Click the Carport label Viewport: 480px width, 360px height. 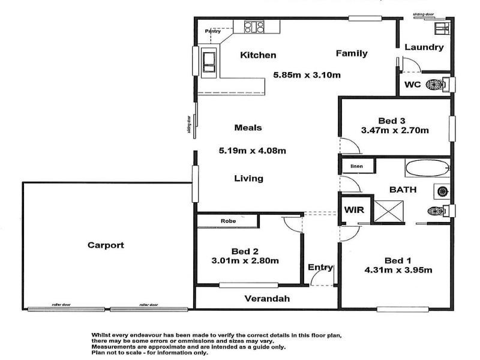click(x=106, y=245)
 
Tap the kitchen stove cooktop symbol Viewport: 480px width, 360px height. click(x=254, y=26)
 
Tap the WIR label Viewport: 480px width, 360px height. click(x=352, y=210)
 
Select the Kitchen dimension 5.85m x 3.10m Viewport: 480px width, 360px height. click(x=307, y=75)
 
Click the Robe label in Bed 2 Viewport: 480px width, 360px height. click(x=228, y=221)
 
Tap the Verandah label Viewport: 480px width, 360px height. click(x=267, y=298)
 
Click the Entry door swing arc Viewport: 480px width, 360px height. click(x=319, y=277)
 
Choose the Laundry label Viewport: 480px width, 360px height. click(x=424, y=47)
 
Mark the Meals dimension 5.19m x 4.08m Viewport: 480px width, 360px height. click(x=251, y=151)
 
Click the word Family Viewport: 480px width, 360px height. click(x=351, y=53)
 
